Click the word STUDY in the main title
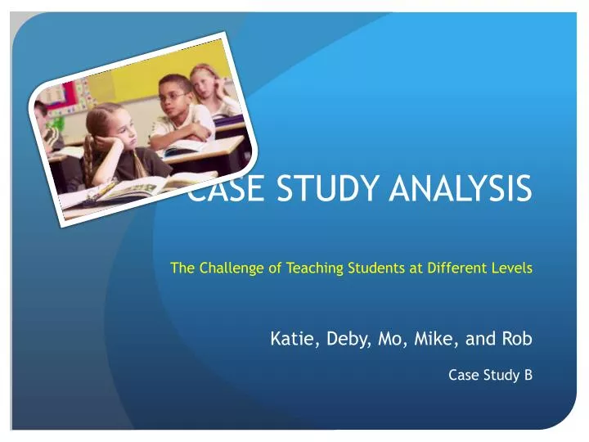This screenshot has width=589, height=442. click(x=327, y=187)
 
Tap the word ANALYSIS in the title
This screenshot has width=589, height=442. click(x=461, y=187)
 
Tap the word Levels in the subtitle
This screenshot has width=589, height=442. click(x=512, y=268)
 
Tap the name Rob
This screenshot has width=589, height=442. click(x=517, y=339)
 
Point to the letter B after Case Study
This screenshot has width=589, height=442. click(x=528, y=375)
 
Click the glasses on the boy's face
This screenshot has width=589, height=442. click(x=173, y=97)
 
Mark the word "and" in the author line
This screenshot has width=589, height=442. click(x=480, y=339)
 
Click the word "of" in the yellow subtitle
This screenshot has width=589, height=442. click(x=276, y=268)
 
